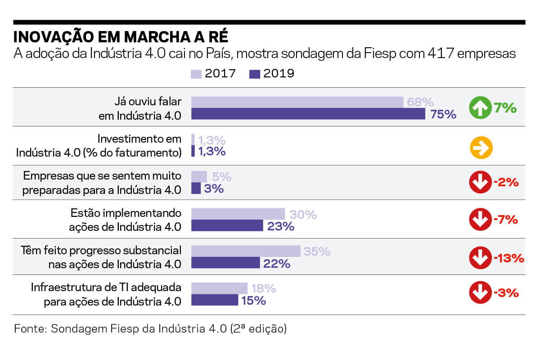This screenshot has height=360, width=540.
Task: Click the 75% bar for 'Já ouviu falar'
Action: tap(308, 114)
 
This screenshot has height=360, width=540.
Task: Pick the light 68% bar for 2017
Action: tap(297, 102)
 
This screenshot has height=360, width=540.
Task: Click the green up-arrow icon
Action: tap(481, 108)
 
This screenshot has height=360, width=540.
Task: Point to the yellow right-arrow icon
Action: tap(481, 148)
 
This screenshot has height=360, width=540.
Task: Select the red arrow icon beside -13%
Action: tap(481, 258)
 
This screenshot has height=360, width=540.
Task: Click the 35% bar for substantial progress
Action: tap(246, 251)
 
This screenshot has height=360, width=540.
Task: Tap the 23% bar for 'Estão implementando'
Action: tap(227, 225)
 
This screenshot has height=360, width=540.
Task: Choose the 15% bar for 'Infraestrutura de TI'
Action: tap(215, 300)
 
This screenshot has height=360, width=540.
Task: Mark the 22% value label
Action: tap(277, 263)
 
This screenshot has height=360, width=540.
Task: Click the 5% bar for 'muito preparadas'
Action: tap(199, 176)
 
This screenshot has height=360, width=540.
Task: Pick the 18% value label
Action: tap(264, 288)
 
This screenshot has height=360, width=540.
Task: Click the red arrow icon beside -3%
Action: tap(481, 293)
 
